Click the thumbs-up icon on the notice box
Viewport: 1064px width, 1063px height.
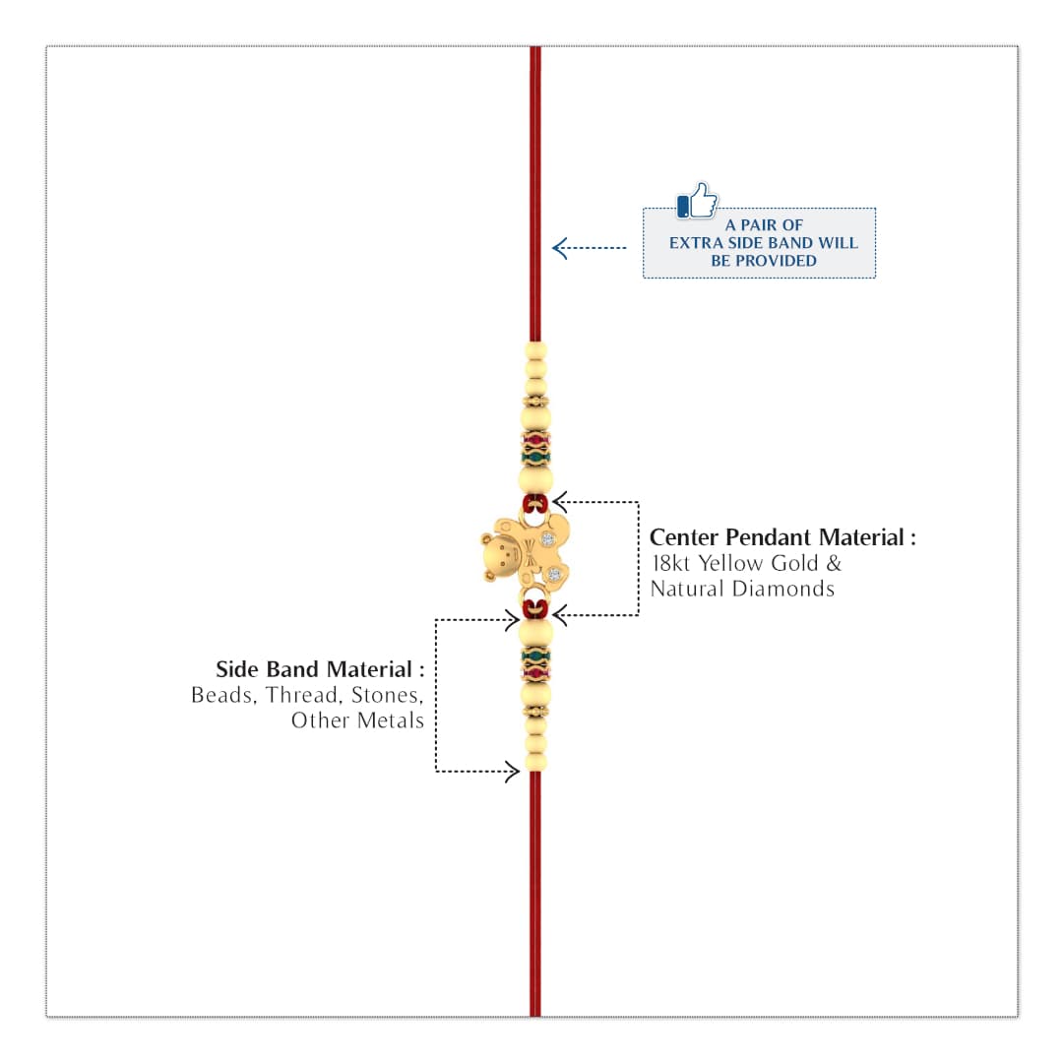tap(697, 201)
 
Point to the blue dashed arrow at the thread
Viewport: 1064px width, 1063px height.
tap(589, 248)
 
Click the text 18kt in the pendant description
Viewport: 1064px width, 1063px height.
tap(670, 563)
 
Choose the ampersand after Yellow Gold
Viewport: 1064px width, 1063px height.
tap(834, 563)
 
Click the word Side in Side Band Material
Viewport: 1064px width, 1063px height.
tap(237, 669)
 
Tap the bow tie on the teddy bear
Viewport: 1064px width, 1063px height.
tap(530, 560)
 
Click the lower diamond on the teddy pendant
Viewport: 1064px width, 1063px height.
tap(555, 575)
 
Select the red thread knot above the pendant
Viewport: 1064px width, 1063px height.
tap(534, 504)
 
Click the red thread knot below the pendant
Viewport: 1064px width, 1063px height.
tap(534, 608)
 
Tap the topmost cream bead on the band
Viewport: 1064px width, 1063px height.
tap(535, 351)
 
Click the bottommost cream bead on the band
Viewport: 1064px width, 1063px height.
tap(535, 762)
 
